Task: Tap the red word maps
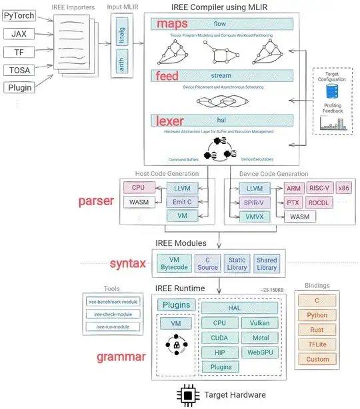(173, 24)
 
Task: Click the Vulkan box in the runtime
(259, 322)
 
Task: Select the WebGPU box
(259, 352)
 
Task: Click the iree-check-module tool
(112, 314)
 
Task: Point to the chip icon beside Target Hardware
(189, 395)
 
